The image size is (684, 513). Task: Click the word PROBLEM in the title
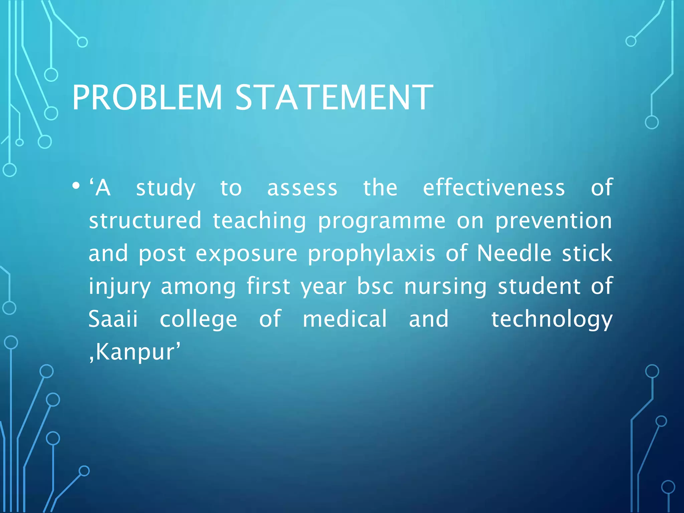point(147,98)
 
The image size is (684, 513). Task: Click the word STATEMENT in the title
point(334,98)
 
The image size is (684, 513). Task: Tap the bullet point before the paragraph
point(76,186)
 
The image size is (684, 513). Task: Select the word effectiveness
point(494,188)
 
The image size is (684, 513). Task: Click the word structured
point(145,220)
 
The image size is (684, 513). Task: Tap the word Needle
point(514,253)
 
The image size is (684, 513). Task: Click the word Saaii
point(113,319)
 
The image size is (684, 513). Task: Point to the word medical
point(345,319)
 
